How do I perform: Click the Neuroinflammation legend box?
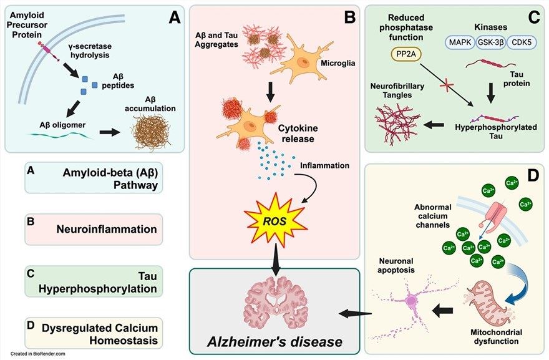(x=92, y=230)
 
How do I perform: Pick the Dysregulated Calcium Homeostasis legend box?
(x=92, y=333)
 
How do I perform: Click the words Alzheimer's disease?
(x=276, y=341)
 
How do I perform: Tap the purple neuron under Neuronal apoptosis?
(x=412, y=301)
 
